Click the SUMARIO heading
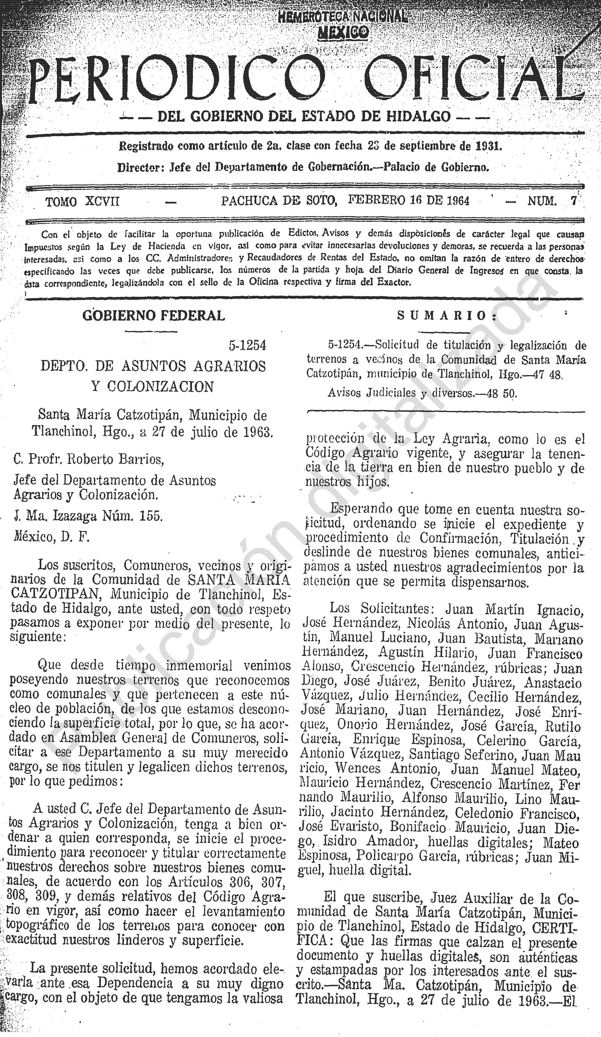[447, 316]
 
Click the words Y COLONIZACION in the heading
[153, 387]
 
